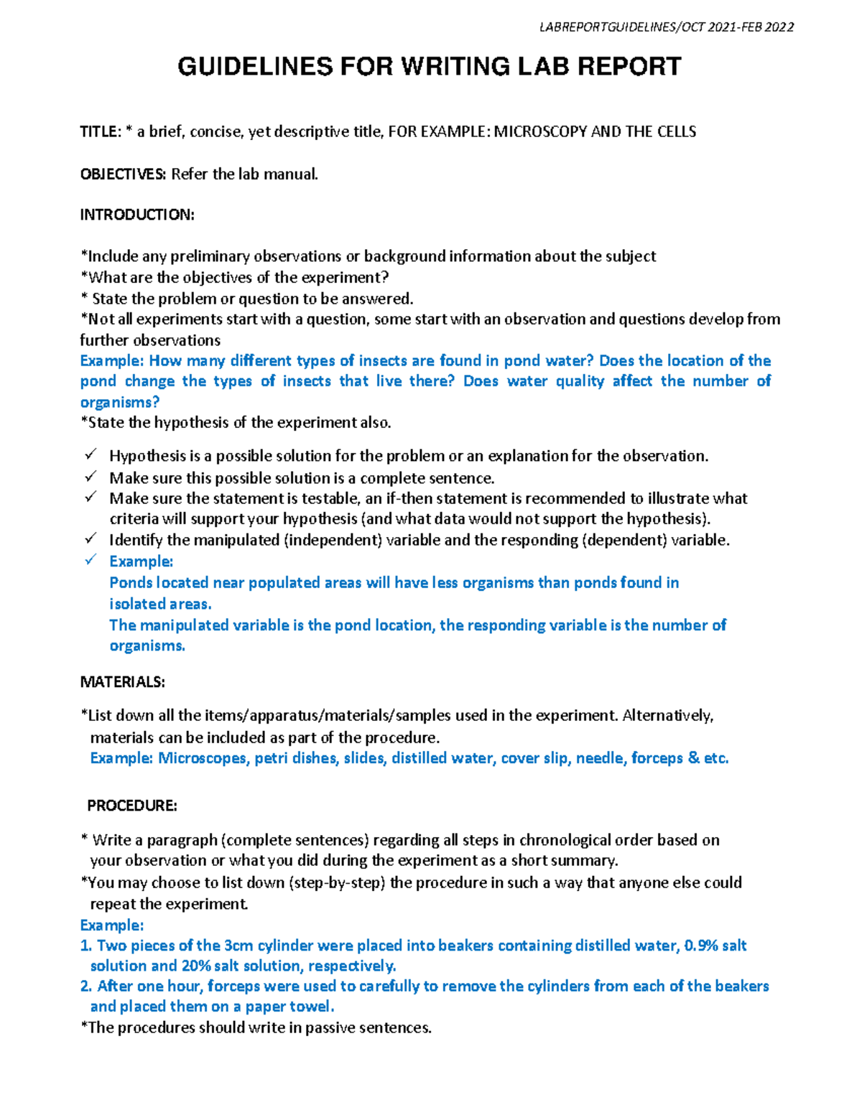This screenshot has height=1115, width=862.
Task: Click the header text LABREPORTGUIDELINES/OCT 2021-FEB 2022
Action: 666,27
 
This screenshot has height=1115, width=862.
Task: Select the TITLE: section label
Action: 100,131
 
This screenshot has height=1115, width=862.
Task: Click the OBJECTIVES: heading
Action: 123,174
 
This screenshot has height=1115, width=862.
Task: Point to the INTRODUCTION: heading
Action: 136,215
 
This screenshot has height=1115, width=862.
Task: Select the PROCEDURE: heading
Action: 131,806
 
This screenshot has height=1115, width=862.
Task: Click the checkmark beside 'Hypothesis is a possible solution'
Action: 90,455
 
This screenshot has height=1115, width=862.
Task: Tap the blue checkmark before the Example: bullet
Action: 90,561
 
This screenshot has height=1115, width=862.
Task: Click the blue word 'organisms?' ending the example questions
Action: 119,402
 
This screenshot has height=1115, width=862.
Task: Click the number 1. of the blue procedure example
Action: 85,946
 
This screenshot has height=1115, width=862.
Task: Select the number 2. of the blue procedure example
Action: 85,986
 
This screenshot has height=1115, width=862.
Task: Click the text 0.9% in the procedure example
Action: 701,946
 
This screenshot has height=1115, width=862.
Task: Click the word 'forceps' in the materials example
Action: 657,758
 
